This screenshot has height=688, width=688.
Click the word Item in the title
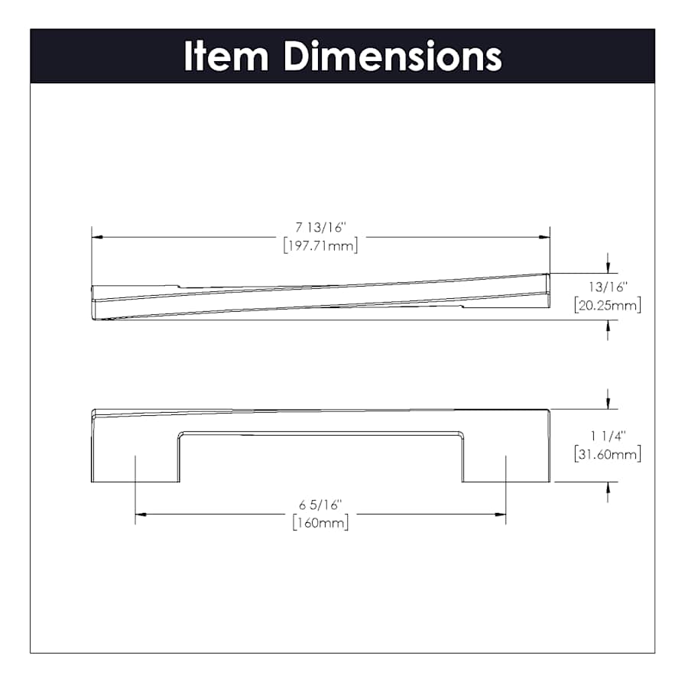(x=226, y=56)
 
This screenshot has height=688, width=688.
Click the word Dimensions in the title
(x=393, y=56)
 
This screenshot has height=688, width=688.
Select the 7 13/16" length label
(x=321, y=227)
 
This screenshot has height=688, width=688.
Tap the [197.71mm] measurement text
(x=321, y=245)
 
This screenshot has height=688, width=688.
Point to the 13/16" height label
(x=608, y=287)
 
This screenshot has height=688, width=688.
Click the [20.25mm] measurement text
(x=608, y=305)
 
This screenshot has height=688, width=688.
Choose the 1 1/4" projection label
(x=608, y=436)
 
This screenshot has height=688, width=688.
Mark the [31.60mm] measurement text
(x=608, y=453)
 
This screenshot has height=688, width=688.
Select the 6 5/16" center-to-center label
(x=320, y=505)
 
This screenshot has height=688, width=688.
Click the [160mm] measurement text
(x=320, y=523)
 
